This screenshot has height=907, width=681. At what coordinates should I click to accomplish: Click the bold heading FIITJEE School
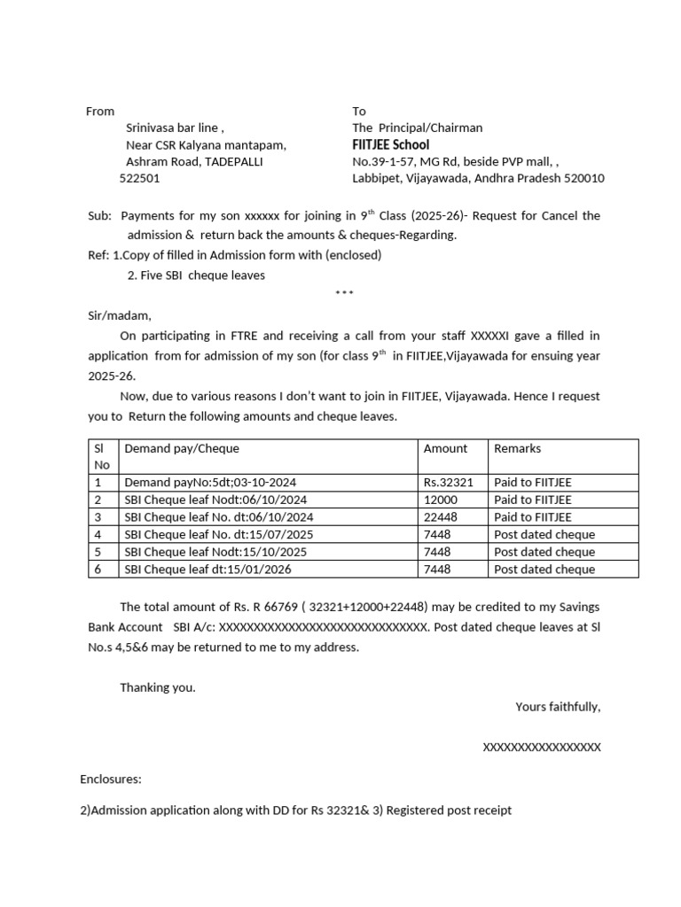pyautogui.click(x=390, y=144)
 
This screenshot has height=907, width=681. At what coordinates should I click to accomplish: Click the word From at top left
pyautogui.click(x=100, y=111)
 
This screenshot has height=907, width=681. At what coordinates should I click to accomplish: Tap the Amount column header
pyautogui.click(x=445, y=448)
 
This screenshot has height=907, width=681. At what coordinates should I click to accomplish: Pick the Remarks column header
pyautogui.click(x=517, y=448)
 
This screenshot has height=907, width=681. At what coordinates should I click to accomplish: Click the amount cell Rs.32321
pyautogui.click(x=449, y=483)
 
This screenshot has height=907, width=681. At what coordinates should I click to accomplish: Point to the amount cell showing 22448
pyautogui.click(x=440, y=517)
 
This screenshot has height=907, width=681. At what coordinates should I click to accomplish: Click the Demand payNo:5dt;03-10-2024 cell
pyautogui.click(x=210, y=483)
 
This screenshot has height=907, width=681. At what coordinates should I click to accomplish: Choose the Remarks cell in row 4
pyautogui.click(x=544, y=535)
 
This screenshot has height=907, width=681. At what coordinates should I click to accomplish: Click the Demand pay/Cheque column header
pyautogui.click(x=182, y=448)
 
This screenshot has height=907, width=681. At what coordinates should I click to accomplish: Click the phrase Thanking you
pyautogui.click(x=158, y=687)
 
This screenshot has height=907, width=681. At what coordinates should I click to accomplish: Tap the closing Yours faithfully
pyautogui.click(x=558, y=707)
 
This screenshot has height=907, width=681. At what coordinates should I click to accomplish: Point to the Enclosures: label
pyautogui.click(x=111, y=779)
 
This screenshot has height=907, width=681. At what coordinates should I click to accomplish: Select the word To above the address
pyautogui.click(x=359, y=111)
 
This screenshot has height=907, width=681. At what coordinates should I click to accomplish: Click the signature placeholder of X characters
pyautogui.click(x=541, y=748)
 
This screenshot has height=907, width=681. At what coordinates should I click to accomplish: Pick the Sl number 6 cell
pyautogui.click(x=98, y=570)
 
